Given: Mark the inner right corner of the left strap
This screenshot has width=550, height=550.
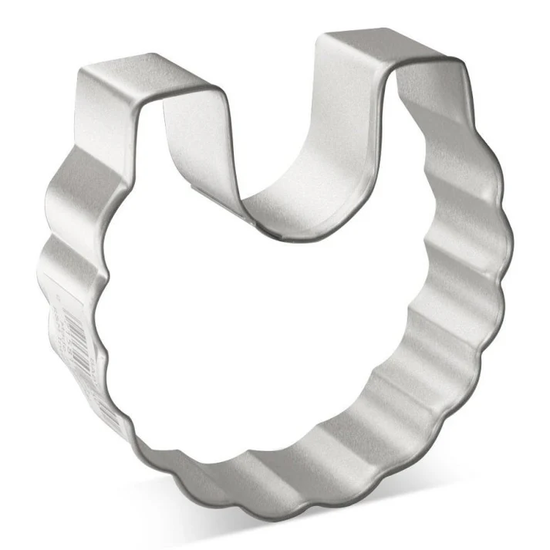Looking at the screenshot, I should point(224,96).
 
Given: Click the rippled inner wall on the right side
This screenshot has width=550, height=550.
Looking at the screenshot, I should point(432,332).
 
